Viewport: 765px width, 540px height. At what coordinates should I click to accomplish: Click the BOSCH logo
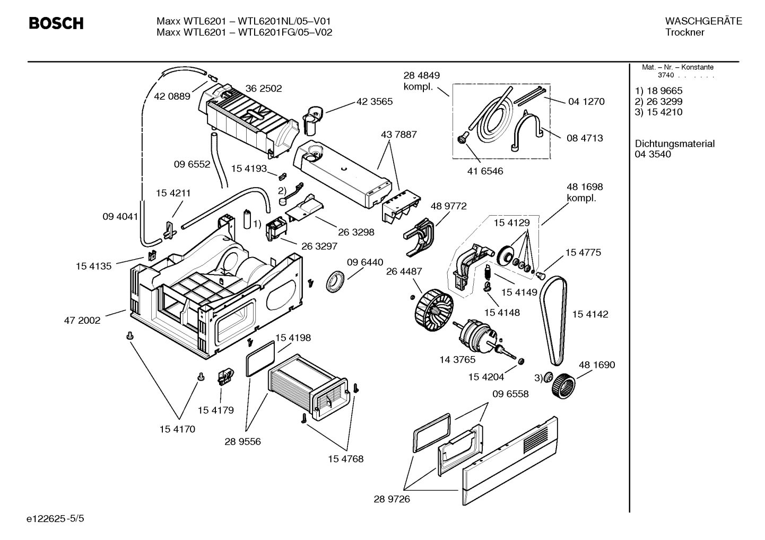click(56, 24)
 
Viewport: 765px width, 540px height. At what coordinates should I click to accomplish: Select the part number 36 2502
click(263, 88)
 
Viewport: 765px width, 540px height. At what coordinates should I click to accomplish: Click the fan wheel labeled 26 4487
click(434, 309)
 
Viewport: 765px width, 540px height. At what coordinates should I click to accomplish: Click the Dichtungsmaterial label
click(674, 144)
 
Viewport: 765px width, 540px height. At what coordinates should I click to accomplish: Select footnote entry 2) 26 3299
click(658, 101)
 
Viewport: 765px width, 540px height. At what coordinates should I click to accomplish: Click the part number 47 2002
click(82, 320)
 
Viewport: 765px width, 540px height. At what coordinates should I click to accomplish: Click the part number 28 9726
click(392, 499)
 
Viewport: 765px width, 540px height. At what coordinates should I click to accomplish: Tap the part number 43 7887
click(398, 135)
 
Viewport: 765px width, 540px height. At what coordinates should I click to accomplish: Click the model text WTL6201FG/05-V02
click(285, 32)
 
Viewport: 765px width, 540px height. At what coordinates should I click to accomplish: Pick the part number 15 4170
click(177, 429)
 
